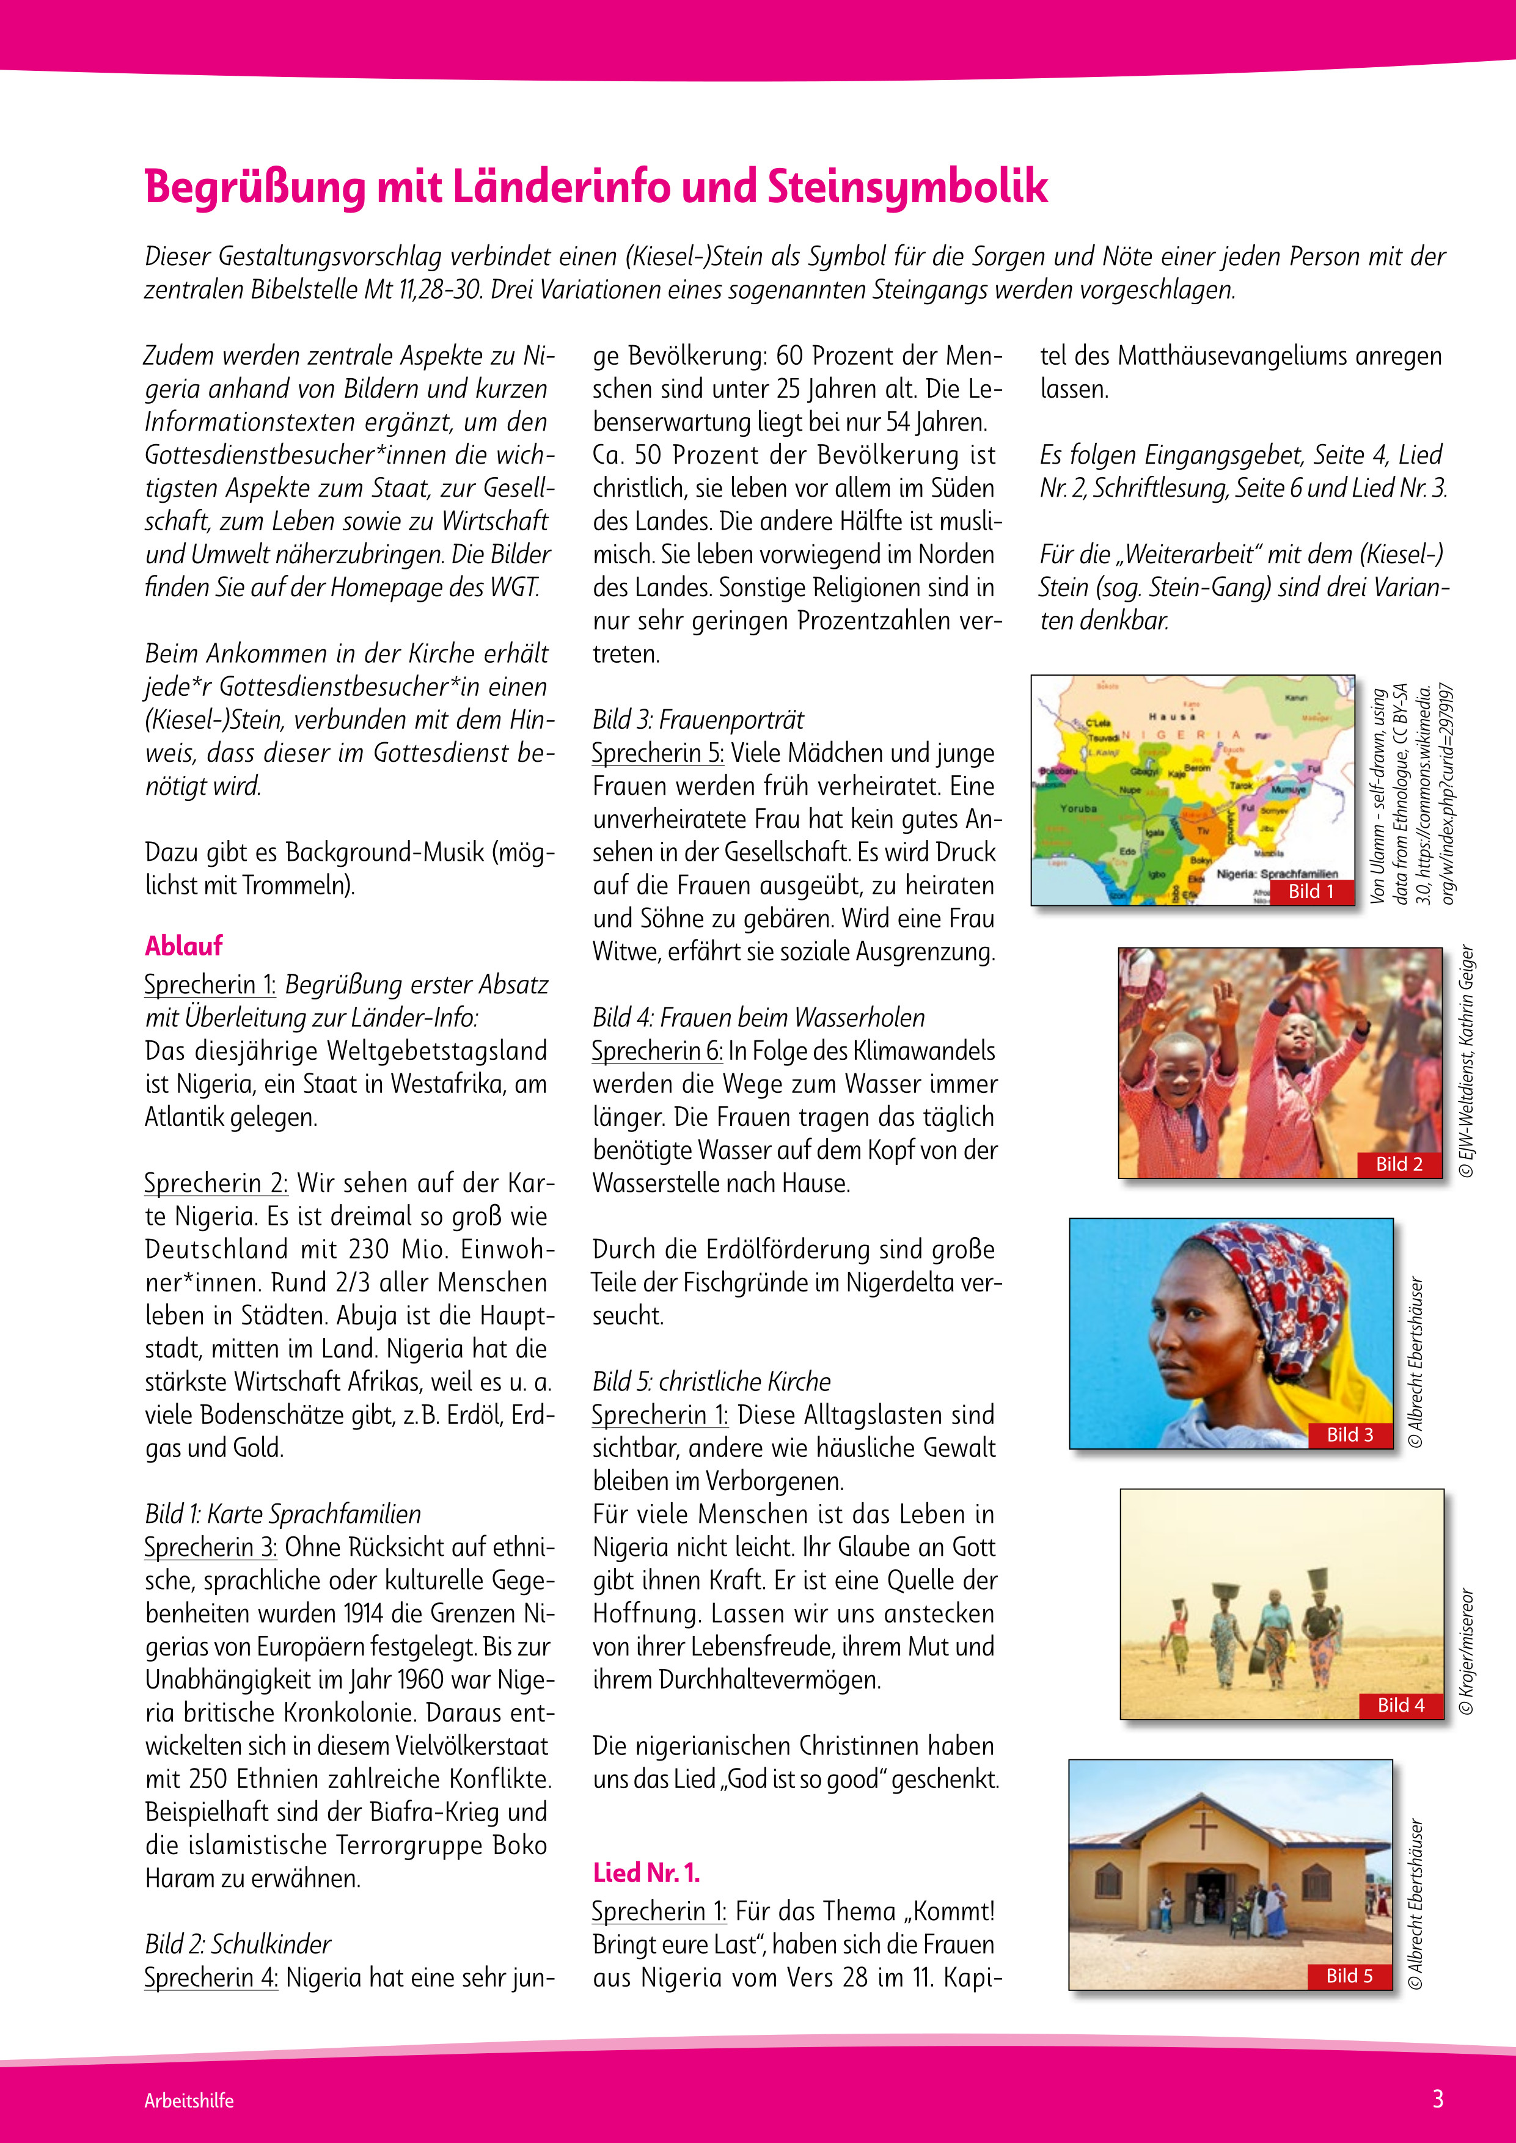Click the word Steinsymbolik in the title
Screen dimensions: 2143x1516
tap(907, 187)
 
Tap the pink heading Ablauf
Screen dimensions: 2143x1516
tap(184, 946)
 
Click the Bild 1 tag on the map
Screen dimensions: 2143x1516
tap(1311, 891)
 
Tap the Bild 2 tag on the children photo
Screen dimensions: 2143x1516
tap(1399, 1164)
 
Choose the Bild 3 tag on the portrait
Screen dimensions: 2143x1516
tap(1350, 1434)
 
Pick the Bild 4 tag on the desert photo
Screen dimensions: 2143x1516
tap(1401, 1705)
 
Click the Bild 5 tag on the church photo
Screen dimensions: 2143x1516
tap(1349, 1976)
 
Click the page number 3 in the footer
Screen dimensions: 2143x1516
tap(1438, 2099)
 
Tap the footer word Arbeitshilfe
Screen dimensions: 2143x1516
tap(189, 2101)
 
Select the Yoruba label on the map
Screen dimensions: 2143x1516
tap(1078, 808)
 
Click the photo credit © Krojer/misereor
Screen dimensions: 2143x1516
tap(1467, 1652)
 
